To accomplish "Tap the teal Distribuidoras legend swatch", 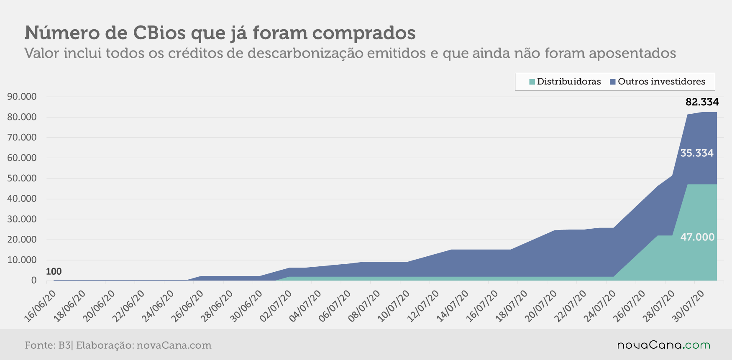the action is (532, 82).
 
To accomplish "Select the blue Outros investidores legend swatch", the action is (613, 82).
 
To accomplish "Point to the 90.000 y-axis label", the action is (22, 97).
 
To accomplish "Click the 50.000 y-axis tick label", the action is (22, 178).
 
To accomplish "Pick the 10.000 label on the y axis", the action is (22, 260).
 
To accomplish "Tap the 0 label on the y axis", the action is (34, 280).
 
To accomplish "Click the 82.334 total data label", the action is (702, 102).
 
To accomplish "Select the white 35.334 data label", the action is (697, 153).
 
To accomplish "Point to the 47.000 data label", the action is (697, 237).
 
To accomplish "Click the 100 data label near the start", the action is (54, 271).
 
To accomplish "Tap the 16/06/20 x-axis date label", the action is (40, 306).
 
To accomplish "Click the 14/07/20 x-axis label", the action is (453, 306).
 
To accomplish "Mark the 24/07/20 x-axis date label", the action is (600, 306).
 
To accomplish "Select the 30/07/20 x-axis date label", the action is (688, 306).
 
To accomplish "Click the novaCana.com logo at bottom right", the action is (664, 345).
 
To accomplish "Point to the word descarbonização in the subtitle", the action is (305, 54).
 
